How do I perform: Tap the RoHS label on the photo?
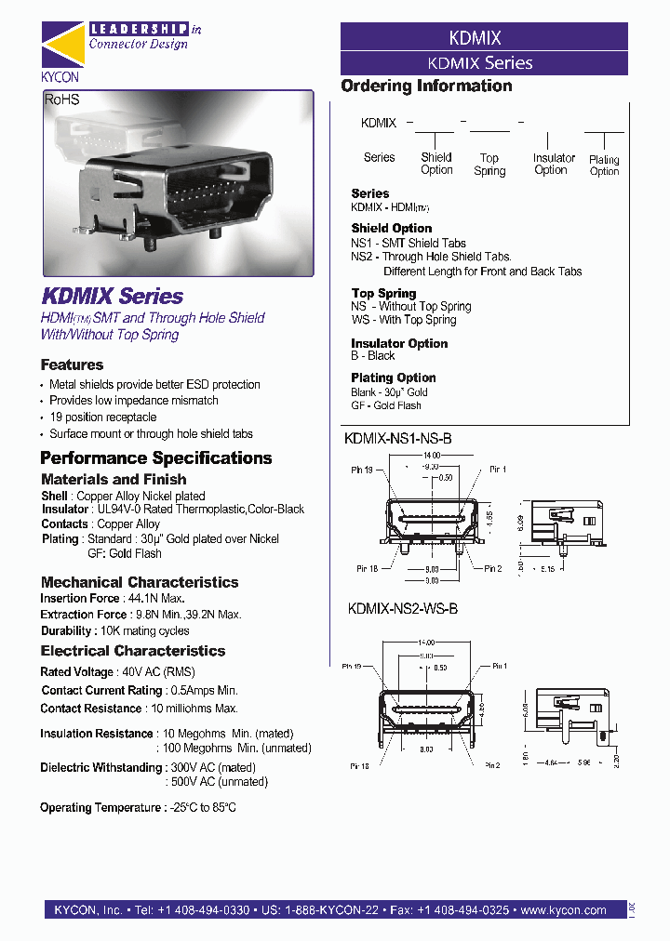coord(62,99)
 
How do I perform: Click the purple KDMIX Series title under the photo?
coord(112,297)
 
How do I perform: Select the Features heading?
coord(72,364)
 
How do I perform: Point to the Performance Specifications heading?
coord(155,457)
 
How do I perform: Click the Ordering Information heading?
coord(426,86)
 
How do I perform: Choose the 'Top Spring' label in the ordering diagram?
coord(489,165)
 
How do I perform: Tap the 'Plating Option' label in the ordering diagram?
coord(604,166)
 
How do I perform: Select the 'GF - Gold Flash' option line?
coord(386,405)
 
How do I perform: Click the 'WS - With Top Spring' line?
coord(403,320)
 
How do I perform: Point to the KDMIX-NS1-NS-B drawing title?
coord(398,437)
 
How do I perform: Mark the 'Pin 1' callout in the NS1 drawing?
coord(498,470)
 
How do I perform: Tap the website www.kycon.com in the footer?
coord(563,910)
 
